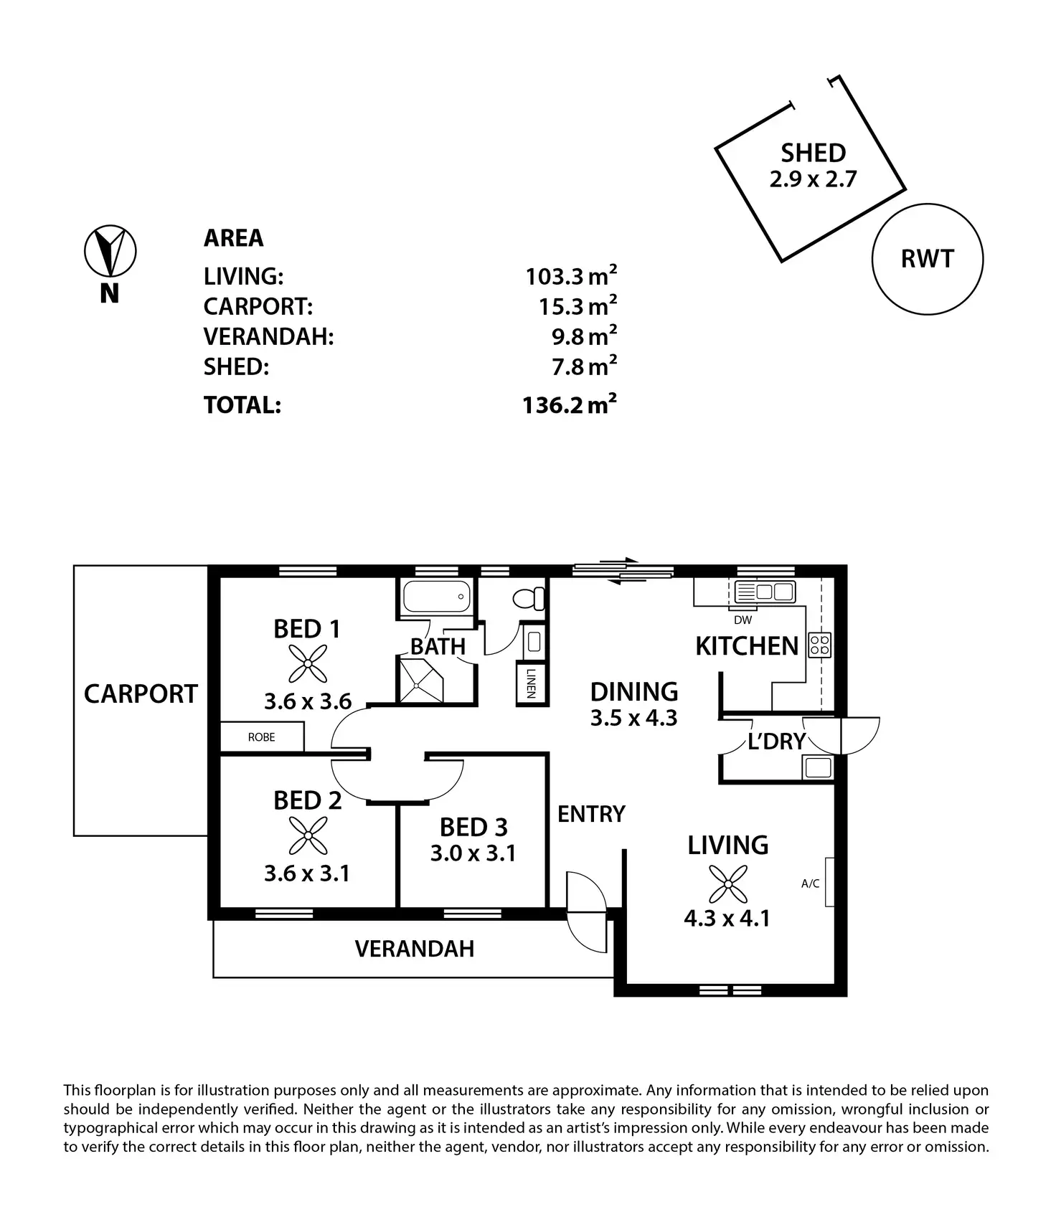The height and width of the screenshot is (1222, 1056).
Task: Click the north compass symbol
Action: tap(110, 251)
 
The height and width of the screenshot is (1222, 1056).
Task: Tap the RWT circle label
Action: tap(927, 259)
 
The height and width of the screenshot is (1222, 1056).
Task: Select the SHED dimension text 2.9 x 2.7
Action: tap(813, 179)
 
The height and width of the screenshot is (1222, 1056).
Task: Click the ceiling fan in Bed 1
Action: tap(308, 663)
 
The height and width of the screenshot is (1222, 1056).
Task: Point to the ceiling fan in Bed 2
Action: tap(308, 836)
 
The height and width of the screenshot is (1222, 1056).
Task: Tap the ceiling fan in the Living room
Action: tap(727, 884)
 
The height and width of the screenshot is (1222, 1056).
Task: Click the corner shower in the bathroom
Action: tap(423, 681)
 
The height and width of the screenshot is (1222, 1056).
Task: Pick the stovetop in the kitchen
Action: tap(819, 645)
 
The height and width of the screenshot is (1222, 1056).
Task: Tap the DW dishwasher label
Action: tap(743, 620)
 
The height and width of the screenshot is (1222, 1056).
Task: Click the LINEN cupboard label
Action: tap(531, 683)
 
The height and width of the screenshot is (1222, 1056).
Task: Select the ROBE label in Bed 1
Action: tap(261, 737)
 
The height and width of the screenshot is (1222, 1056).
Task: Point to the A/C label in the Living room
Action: tap(810, 884)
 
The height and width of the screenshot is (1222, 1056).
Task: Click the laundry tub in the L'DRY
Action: tap(818, 767)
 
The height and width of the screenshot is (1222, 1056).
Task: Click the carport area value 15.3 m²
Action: tap(578, 306)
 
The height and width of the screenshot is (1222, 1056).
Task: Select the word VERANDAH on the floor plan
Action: tap(415, 949)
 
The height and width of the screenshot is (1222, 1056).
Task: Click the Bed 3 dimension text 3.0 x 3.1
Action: tap(473, 853)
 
